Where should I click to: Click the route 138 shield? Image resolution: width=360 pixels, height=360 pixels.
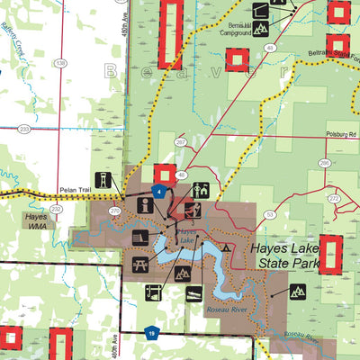point(60,63)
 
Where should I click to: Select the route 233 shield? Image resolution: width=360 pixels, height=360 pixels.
point(24,129)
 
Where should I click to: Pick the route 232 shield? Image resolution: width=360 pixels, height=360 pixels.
point(56,209)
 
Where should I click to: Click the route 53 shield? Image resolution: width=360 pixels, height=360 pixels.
point(269,214)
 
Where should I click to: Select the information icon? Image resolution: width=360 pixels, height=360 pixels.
point(144,206)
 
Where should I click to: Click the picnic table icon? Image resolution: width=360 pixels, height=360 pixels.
point(139,264)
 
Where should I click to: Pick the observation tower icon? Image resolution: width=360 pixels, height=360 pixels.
point(103,179)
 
